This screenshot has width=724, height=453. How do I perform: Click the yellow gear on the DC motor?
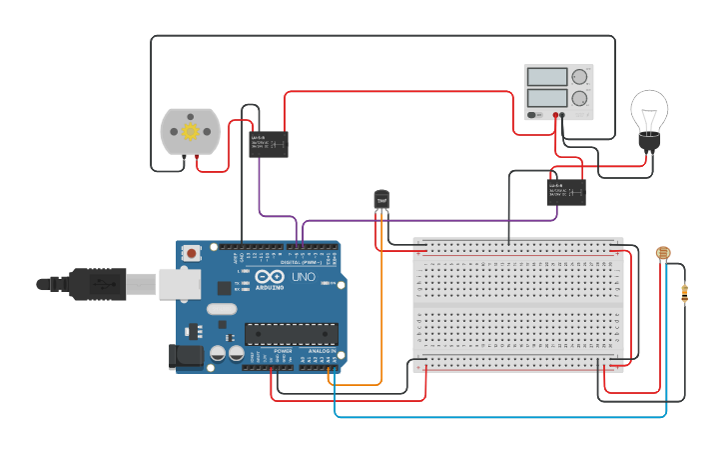tap(189, 132)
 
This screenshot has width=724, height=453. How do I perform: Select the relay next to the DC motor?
tap(269, 144)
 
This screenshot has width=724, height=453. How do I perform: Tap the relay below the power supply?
tap(566, 191)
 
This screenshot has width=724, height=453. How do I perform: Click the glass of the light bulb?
tap(649, 111)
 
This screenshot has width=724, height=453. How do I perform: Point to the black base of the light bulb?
tap(650, 144)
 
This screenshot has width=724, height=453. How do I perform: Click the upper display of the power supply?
tap(547, 77)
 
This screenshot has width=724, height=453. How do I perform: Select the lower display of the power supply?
tap(547, 98)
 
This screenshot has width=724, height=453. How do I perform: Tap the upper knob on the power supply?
tap(579, 77)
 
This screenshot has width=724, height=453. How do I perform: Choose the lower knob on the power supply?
tap(579, 98)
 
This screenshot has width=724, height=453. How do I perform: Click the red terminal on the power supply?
tap(552, 115)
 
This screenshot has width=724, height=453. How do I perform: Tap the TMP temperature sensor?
tap(380, 200)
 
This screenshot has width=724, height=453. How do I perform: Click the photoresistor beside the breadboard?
tap(662, 254)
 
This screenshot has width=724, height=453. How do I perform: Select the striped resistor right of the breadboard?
tap(684, 293)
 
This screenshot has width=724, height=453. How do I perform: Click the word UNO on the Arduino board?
tap(303, 277)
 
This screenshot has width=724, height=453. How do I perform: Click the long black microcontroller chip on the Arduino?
tap(291, 334)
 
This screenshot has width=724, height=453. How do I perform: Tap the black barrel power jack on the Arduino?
tap(187, 355)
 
